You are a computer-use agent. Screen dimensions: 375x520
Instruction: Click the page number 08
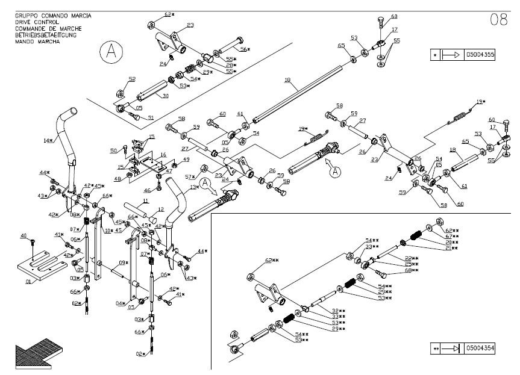click(498, 19)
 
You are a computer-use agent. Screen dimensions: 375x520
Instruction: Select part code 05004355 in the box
click(480, 55)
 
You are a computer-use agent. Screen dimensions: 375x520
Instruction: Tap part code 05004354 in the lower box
click(481, 348)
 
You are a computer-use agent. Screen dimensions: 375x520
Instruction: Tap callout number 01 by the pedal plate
click(28, 280)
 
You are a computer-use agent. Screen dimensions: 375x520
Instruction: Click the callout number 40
click(24, 235)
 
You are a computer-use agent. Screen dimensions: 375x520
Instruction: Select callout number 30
click(165, 96)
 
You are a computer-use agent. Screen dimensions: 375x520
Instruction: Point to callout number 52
click(132, 79)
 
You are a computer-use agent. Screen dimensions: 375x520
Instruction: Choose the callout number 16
click(163, 154)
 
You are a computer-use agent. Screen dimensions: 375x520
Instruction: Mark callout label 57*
click(190, 176)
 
